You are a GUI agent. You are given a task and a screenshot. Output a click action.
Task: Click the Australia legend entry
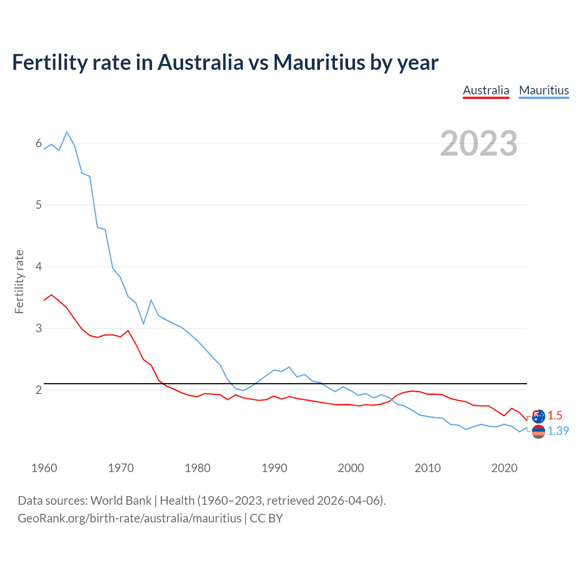[486, 90]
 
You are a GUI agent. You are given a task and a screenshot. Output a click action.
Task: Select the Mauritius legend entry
[544, 90]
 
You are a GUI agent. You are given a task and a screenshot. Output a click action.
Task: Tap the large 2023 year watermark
[479, 143]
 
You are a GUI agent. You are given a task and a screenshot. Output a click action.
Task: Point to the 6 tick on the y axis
[39, 143]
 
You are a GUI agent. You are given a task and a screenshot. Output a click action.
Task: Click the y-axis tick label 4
[39, 266]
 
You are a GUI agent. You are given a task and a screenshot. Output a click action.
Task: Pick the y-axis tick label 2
[39, 390]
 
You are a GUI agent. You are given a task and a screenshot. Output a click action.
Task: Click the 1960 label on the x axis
[44, 468]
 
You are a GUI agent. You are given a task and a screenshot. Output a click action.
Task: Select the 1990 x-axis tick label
[274, 468]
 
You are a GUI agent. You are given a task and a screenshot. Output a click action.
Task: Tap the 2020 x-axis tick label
[504, 468]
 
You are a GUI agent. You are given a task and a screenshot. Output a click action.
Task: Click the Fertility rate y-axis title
[19, 281]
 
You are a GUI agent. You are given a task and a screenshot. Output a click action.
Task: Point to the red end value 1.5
[555, 415]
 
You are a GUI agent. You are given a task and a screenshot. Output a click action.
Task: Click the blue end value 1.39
[558, 431]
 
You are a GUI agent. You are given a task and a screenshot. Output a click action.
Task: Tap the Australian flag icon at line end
[538, 416]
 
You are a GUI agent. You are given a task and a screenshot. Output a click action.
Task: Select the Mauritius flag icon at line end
[538, 432]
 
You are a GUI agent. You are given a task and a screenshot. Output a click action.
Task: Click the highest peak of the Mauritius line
[67, 132]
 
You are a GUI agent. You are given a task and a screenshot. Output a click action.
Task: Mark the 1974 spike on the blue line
[151, 300]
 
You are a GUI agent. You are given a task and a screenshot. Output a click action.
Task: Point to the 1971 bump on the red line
[128, 330]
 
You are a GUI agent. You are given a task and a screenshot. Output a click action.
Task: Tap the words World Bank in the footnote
[121, 501]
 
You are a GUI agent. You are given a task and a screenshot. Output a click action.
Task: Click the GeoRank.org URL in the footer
[129, 518]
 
